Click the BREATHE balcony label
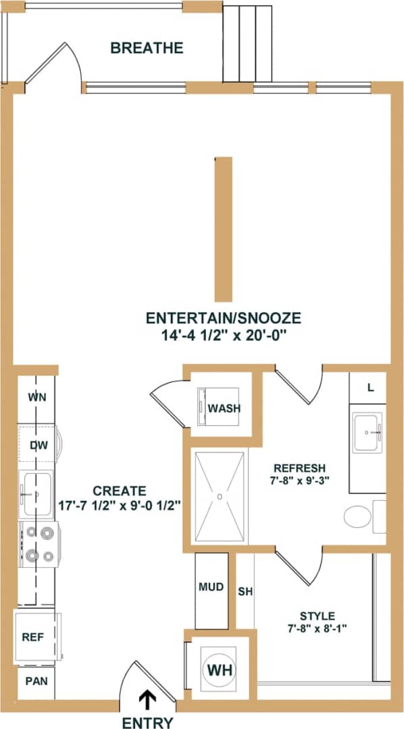tap(147, 48)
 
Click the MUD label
tap(211, 587)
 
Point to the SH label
tap(245, 592)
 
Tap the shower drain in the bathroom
tap(220, 496)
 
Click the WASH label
tap(224, 408)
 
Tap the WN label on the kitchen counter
tap(37, 397)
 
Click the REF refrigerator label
tap(33, 636)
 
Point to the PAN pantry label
tap(36, 680)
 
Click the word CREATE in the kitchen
tap(119, 490)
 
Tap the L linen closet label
tap(370, 387)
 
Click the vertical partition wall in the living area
tap(224, 229)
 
